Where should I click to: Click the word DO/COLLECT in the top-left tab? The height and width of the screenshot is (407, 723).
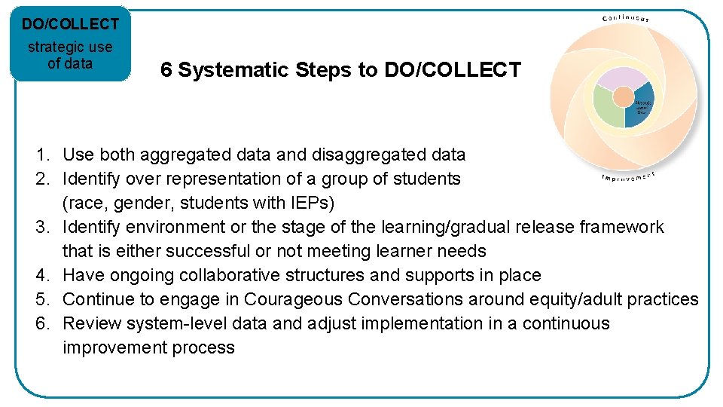(69, 24)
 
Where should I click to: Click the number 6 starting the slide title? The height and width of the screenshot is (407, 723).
(166, 70)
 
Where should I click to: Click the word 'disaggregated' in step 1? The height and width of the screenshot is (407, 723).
(368, 155)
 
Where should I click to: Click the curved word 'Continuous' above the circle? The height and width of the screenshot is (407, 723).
(624, 17)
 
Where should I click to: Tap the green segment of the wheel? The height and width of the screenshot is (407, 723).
(607, 105)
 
